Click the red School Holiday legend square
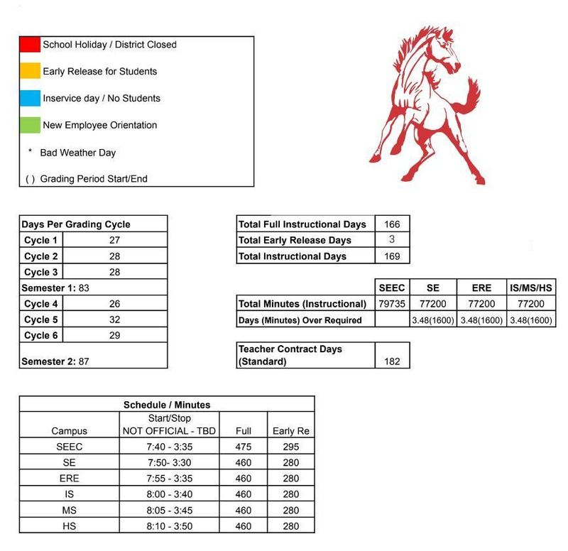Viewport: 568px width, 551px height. coord(30,44)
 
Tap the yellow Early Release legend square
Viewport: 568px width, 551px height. coord(30,71)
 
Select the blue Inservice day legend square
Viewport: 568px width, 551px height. coord(30,98)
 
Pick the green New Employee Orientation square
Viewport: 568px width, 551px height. coord(30,125)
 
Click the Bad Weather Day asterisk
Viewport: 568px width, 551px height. coord(30,152)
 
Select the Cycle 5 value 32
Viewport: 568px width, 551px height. coord(114,320)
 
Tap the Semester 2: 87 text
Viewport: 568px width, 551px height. coord(55,361)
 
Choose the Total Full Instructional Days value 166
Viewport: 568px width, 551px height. coord(392,224)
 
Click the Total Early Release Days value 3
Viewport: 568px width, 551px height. coord(392,240)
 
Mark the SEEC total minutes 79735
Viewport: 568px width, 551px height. coord(392,304)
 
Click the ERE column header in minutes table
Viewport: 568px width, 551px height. coord(481,288)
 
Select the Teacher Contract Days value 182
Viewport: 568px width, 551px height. coord(392,361)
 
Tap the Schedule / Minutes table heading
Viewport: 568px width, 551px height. coord(167,405)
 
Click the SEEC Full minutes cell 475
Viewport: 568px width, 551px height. coord(243,447)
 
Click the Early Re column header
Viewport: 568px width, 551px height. coord(291,431)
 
